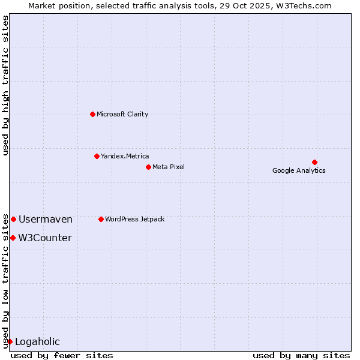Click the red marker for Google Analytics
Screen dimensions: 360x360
tap(314, 162)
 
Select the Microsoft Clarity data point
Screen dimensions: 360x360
tap(92, 114)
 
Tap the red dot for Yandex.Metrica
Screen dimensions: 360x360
tap(97, 156)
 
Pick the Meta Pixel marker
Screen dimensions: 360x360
tap(148, 167)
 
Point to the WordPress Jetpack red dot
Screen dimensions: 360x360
tap(101, 219)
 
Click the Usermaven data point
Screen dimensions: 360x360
tap(13, 219)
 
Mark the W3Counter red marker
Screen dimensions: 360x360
tap(13, 238)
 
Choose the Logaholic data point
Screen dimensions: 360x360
tap(10, 341)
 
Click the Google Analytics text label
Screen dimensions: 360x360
tap(299, 170)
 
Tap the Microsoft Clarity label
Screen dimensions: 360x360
tap(122, 114)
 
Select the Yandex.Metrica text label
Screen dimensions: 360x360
tap(125, 156)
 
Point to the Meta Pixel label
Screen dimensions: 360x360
tap(169, 167)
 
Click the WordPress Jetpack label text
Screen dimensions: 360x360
tap(134, 219)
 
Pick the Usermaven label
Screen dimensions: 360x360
tap(46, 219)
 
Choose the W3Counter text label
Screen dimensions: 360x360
tap(45, 238)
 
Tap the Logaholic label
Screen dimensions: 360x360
tap(37, 341)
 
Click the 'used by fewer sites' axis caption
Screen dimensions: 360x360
tap(62, 355)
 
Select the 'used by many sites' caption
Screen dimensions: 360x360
tap(301, 355)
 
